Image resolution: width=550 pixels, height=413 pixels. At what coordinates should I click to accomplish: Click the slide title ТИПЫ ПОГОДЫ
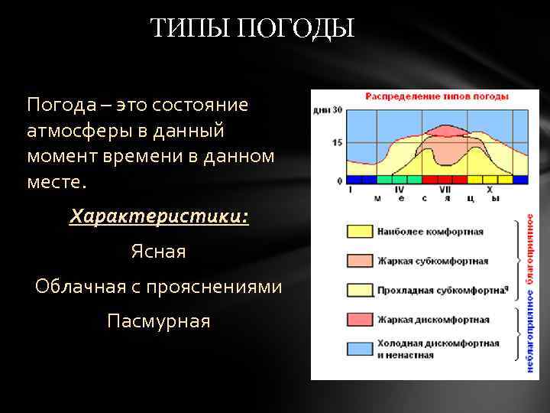tap(251, 29)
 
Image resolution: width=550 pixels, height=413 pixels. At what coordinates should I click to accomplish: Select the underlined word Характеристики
tap(158, 216)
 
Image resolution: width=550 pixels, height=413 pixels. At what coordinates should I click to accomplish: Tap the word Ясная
tap(158, 251)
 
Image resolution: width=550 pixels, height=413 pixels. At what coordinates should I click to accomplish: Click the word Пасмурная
tap(158, 320)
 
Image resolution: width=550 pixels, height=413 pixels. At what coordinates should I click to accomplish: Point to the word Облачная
tap(84, 286)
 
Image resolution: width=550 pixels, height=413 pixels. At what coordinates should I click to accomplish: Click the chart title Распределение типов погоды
tap(425, 97)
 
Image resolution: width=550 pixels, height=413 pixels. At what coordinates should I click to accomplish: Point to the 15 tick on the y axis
tap(338, 143)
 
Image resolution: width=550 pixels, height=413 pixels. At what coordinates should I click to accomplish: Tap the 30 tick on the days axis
tap(338, 109)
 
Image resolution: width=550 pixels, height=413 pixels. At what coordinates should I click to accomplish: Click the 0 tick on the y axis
tap(340, 180)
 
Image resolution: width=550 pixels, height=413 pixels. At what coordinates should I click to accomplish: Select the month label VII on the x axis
tap(445, 189)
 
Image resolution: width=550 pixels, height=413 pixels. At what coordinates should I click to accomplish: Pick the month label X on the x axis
tap(490, 189)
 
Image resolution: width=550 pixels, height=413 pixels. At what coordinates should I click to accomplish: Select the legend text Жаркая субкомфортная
tap(432, 261)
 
